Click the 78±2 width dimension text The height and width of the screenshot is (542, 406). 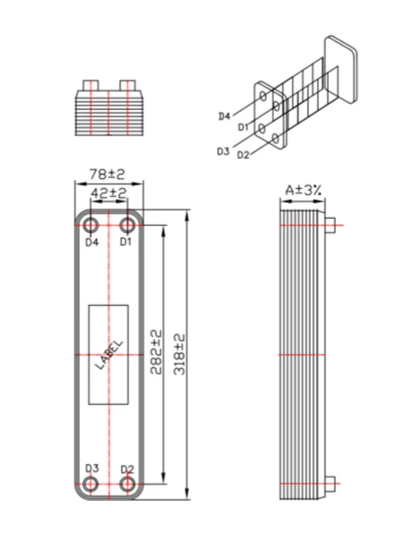point(107,174)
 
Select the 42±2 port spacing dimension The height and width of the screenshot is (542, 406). point(109,193)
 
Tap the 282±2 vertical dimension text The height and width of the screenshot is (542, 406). point(156,352)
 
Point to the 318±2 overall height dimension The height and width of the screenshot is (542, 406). point(179,355)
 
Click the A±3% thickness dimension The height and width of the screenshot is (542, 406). point(303,190)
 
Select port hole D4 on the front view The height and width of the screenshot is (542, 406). point(90,226)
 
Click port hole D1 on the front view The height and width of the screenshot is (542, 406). point(127,226)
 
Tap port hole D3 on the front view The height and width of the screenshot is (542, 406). point(90,484)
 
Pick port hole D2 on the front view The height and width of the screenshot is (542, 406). point(127,484)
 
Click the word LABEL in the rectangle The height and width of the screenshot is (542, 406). point(109,355)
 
